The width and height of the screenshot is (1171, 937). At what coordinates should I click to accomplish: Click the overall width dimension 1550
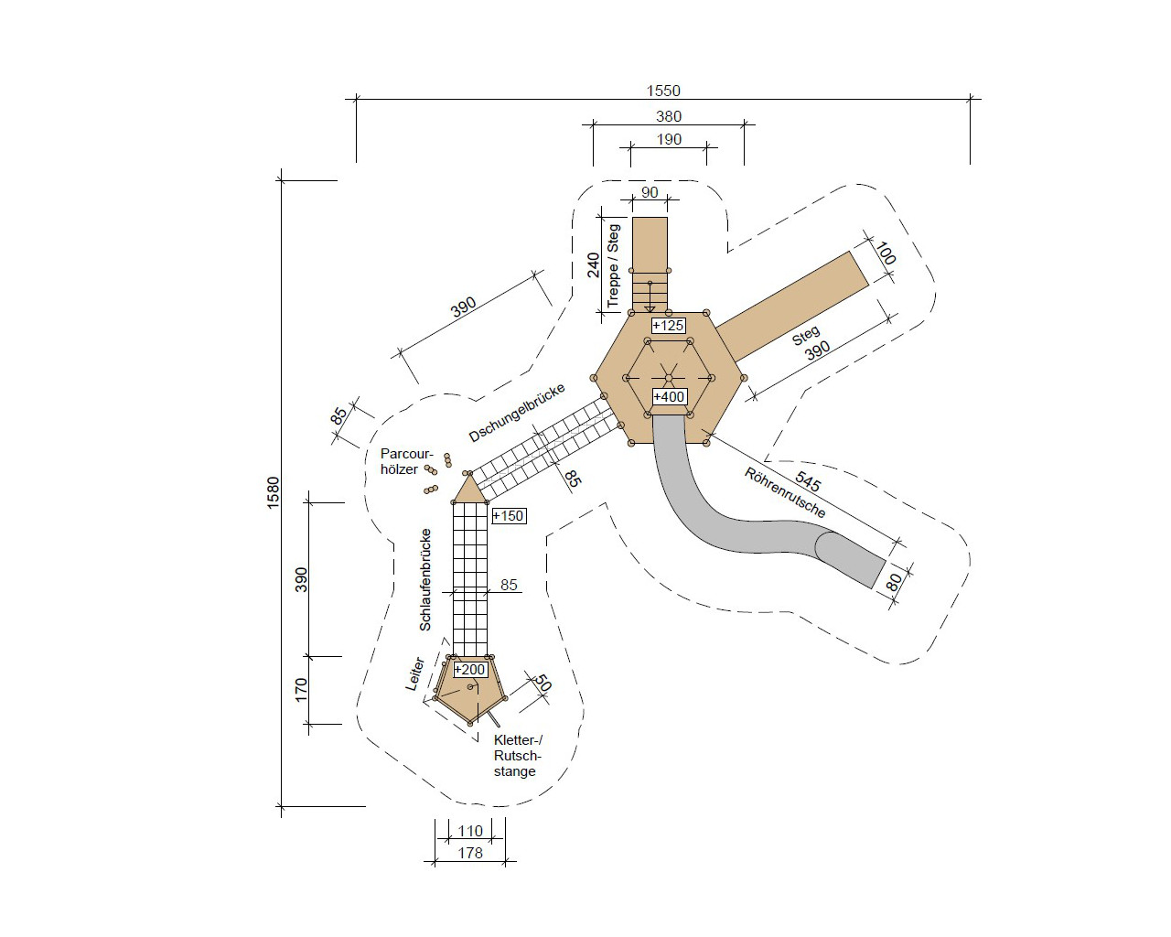tap(662, 91)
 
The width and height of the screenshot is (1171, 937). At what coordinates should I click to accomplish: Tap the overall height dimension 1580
tap(274, 492)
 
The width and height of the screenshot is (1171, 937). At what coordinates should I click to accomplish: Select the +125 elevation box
tap(668, 326)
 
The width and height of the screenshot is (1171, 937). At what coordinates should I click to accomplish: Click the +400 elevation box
tap(669, 397)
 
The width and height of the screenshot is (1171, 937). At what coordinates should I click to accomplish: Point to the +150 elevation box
tap(509, 515)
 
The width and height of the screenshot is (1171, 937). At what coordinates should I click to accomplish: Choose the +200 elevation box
tap(470, 669)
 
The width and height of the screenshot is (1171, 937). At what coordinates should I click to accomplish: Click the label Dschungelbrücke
tap(517, 413)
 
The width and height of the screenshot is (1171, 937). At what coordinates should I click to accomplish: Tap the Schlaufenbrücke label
tap(425, 579)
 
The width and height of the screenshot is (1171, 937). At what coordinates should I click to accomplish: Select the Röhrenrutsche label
tap(785, 492)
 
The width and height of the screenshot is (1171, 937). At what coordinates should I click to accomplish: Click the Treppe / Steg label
tap(613, 265)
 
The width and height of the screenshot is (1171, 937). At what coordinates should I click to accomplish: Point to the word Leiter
tap(415, 674)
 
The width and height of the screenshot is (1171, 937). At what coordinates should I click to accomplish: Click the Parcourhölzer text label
tap(406, 461)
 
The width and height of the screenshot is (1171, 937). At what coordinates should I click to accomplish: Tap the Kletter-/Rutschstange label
tap(518, 756)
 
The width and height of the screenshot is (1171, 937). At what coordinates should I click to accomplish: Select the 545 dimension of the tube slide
tap(808, 480)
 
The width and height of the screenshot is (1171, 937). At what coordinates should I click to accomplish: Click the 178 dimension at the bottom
tap(470, 853)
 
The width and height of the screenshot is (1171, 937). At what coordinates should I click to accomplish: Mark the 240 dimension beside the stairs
tap(593, 264)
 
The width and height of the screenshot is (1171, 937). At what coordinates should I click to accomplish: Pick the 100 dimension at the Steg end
tap(885, 253)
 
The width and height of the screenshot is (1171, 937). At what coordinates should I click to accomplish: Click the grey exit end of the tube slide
tap(852, 561)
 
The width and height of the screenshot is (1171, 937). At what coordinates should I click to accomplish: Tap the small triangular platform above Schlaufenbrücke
tap(469, 490)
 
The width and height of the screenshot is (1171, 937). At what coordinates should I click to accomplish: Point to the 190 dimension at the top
tap(669, 139)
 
